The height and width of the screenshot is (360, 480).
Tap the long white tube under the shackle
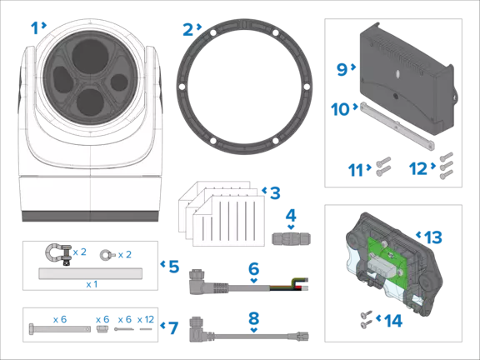[x=88, y=272]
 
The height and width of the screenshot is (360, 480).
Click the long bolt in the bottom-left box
[x=58, y=328]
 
